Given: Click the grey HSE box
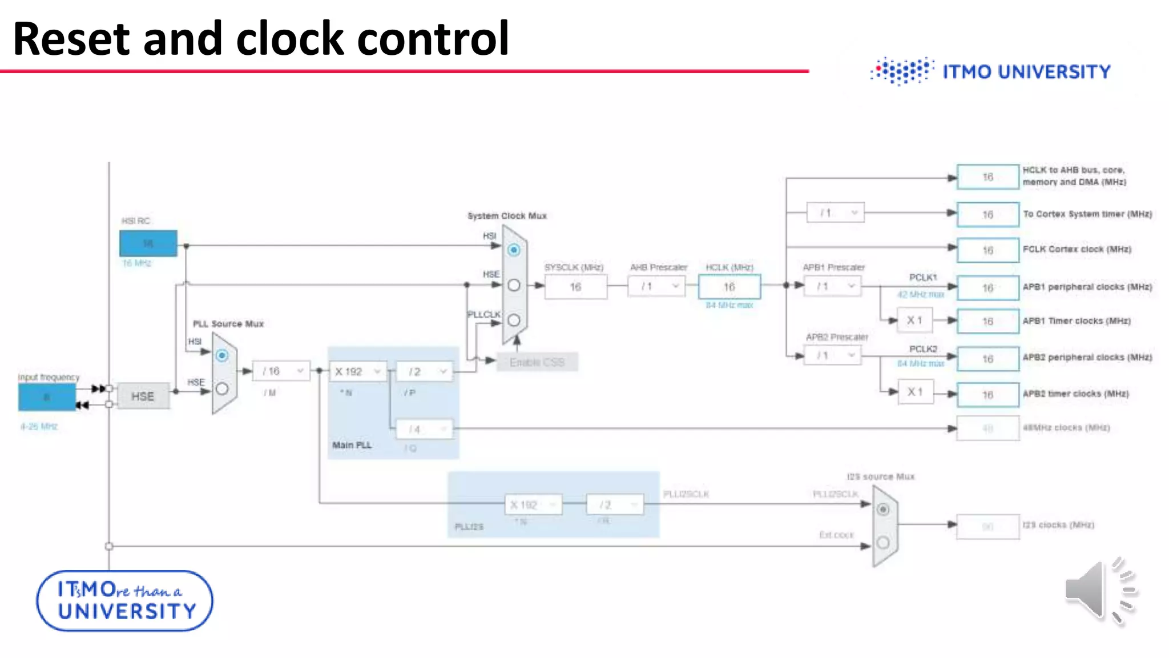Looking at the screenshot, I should pos(143,396).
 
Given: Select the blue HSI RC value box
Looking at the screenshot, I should pos(148,243).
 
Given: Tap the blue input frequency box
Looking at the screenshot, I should pos(47,397).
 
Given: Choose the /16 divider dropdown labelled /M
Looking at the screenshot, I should pos(281,371).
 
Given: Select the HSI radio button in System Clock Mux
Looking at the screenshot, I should pos(514,250).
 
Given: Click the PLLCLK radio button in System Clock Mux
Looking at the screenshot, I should pos(514,320).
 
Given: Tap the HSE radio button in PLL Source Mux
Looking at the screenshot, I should pos(222,389).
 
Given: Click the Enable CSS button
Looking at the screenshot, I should pos(537,362).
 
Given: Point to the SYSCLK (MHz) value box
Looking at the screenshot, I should pos(575,287).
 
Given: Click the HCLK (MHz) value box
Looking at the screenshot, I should pos(729,287).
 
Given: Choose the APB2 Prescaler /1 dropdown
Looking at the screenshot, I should pos(832,355).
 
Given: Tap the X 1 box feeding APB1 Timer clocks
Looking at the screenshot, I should pos(914,320).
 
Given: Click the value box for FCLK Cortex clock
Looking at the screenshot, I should pos(987,250).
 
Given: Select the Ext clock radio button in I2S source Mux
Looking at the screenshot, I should pos(883,542).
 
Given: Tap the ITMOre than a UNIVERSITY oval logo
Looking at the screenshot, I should pos(125,600).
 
